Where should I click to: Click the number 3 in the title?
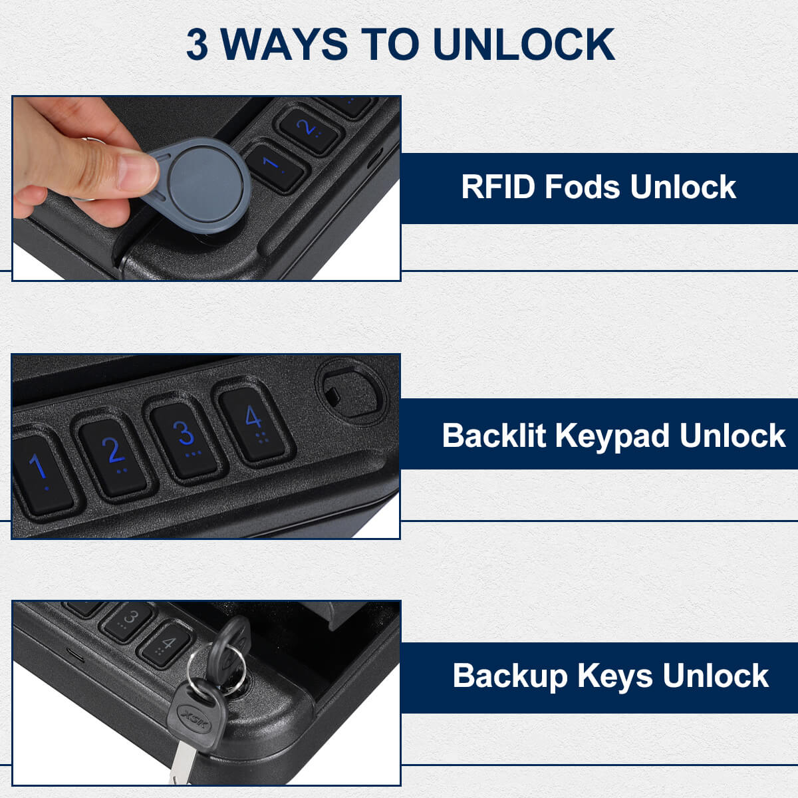click(197, 45)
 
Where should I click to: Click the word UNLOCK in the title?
click(523, 45)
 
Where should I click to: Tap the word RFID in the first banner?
click(498, 187)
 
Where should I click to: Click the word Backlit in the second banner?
click(493, 436)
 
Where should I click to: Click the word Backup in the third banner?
click(510, 676)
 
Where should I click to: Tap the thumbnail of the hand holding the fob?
click(206, 188)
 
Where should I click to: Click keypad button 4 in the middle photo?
click(253, 422)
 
